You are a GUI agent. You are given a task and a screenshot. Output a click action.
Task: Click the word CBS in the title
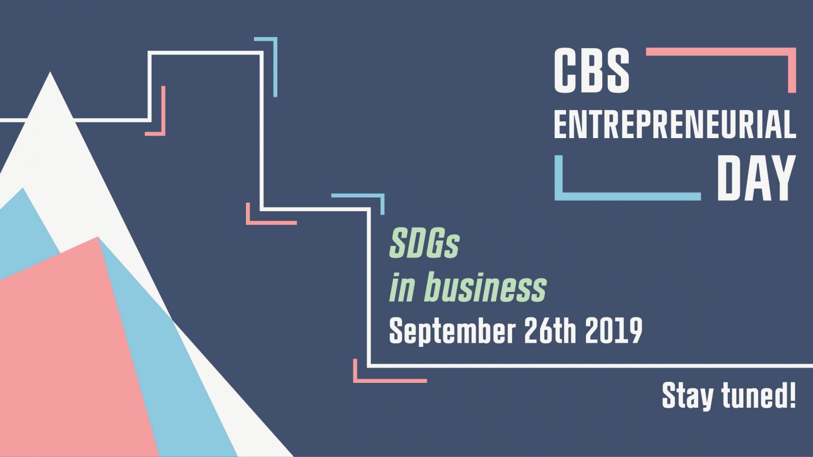click(591, 71)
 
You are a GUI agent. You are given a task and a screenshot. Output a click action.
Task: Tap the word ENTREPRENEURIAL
click(675, 124)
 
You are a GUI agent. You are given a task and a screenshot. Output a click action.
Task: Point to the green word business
click(485, 287)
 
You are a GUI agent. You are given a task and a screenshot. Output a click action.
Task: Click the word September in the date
click(452, 331)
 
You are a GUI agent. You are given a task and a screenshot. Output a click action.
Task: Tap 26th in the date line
click(550, 331)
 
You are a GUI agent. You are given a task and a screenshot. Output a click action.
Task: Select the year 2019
click(614, 331)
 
